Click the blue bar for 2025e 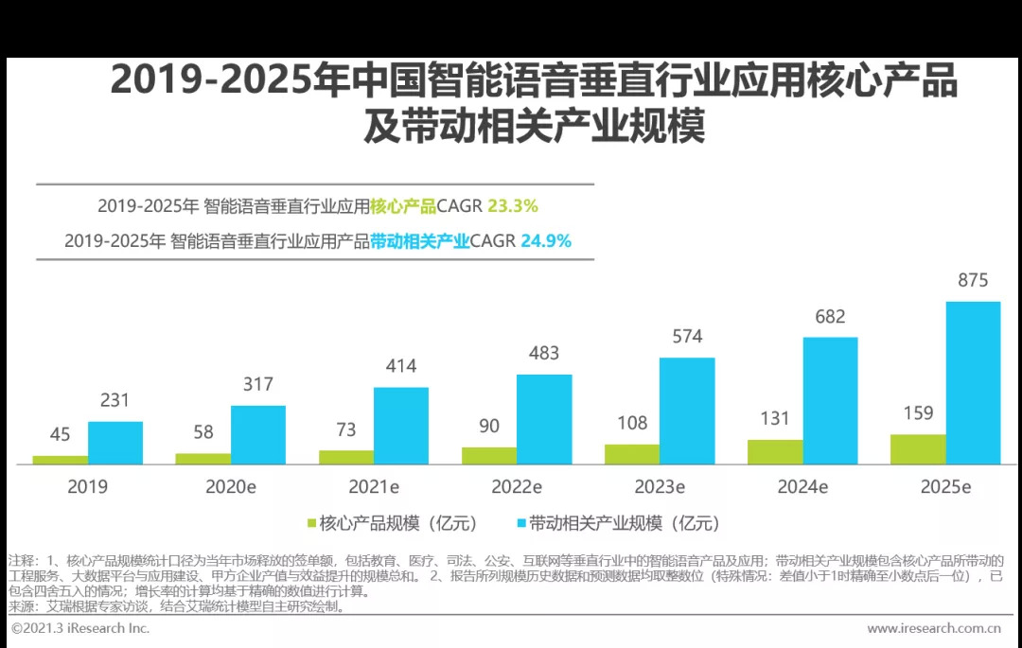973,383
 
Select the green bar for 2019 60,460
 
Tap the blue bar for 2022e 544,419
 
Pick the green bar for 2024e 775,452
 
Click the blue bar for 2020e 258,435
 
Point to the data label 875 973,280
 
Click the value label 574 687,336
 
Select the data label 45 60,434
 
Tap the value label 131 775,418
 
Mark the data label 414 401,366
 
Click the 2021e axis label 374,487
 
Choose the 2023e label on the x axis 660,487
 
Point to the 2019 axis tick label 87,487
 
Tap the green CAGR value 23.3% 512,206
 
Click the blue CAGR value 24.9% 546,241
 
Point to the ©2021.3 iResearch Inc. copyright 80,628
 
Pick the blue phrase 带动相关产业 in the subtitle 420,241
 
